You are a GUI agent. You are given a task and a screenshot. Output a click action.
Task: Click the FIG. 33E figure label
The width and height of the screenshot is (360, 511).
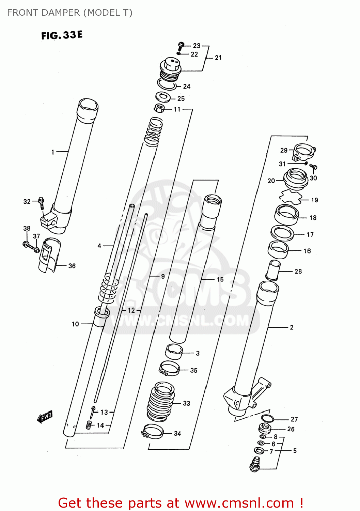click(62, 35)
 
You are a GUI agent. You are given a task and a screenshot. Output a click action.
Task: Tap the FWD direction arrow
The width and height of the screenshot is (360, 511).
click(45, 416)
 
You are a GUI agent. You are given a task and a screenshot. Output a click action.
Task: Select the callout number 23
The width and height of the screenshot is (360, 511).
click(197, 46)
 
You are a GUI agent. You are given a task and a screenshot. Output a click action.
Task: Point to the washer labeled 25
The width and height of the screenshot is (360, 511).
click(164, 97)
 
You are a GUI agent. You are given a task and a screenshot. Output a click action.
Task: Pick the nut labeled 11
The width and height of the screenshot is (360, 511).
click(159, 108)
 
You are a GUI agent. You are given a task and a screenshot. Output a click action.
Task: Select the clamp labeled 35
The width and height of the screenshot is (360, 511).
click(170, 368)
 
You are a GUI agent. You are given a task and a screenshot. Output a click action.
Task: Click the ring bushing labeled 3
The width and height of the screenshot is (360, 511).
click(174, 352)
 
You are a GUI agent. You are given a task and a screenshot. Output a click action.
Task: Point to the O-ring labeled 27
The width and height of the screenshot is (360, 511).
click(267, 418)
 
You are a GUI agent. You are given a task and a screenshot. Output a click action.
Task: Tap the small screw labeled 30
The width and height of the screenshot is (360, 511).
click(314, 167)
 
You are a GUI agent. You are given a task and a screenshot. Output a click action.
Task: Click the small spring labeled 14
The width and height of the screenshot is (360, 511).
click(89, 425)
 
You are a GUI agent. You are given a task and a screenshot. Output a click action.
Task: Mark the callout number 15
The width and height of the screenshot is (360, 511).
click(220, 279)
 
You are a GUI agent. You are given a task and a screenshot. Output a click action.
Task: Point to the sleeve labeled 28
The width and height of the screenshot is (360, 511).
click(273, 270)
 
